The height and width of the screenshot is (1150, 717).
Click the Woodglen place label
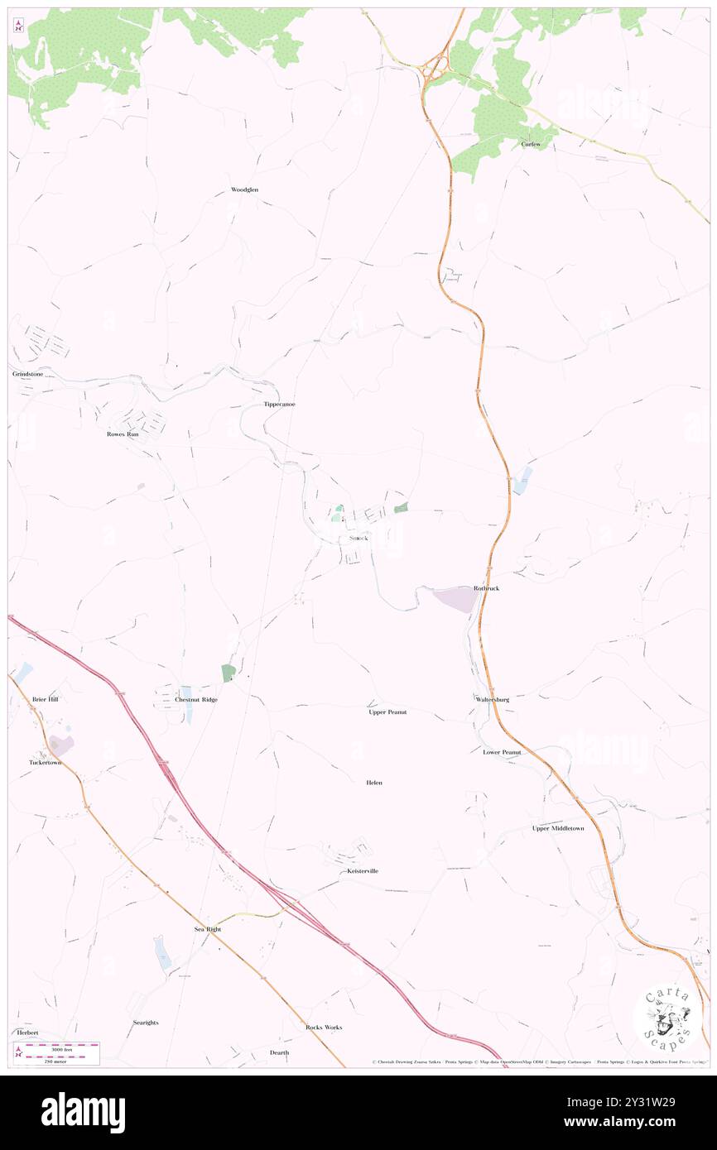(x=244, y=189)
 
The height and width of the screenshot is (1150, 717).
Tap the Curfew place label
(x=531, y=144)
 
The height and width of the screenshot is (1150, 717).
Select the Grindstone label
(x=27, y=374)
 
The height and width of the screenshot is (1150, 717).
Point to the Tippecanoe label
(x=279, y=405)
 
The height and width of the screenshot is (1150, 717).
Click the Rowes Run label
(x=123, y=434)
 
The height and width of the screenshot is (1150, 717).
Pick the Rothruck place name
(x=486, y=588)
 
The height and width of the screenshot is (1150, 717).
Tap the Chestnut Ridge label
(x=196, y=700)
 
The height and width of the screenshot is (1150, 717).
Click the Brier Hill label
(x=46, y=699)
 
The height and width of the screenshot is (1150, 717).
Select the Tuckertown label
(x=46, y=762)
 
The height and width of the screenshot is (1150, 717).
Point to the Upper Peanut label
(x=387, y=712)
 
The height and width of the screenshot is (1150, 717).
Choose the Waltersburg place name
(x=493, y=699)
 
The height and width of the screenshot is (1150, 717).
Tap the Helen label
(x=374, y=782)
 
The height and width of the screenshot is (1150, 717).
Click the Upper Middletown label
(x=558, y=828)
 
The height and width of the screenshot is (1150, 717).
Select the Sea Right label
(x=208, y=929)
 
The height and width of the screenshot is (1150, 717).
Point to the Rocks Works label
(x=323, y=1027)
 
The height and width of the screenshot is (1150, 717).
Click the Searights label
(x=146, y=1023)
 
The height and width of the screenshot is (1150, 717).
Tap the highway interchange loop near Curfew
(x=434, y=67)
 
